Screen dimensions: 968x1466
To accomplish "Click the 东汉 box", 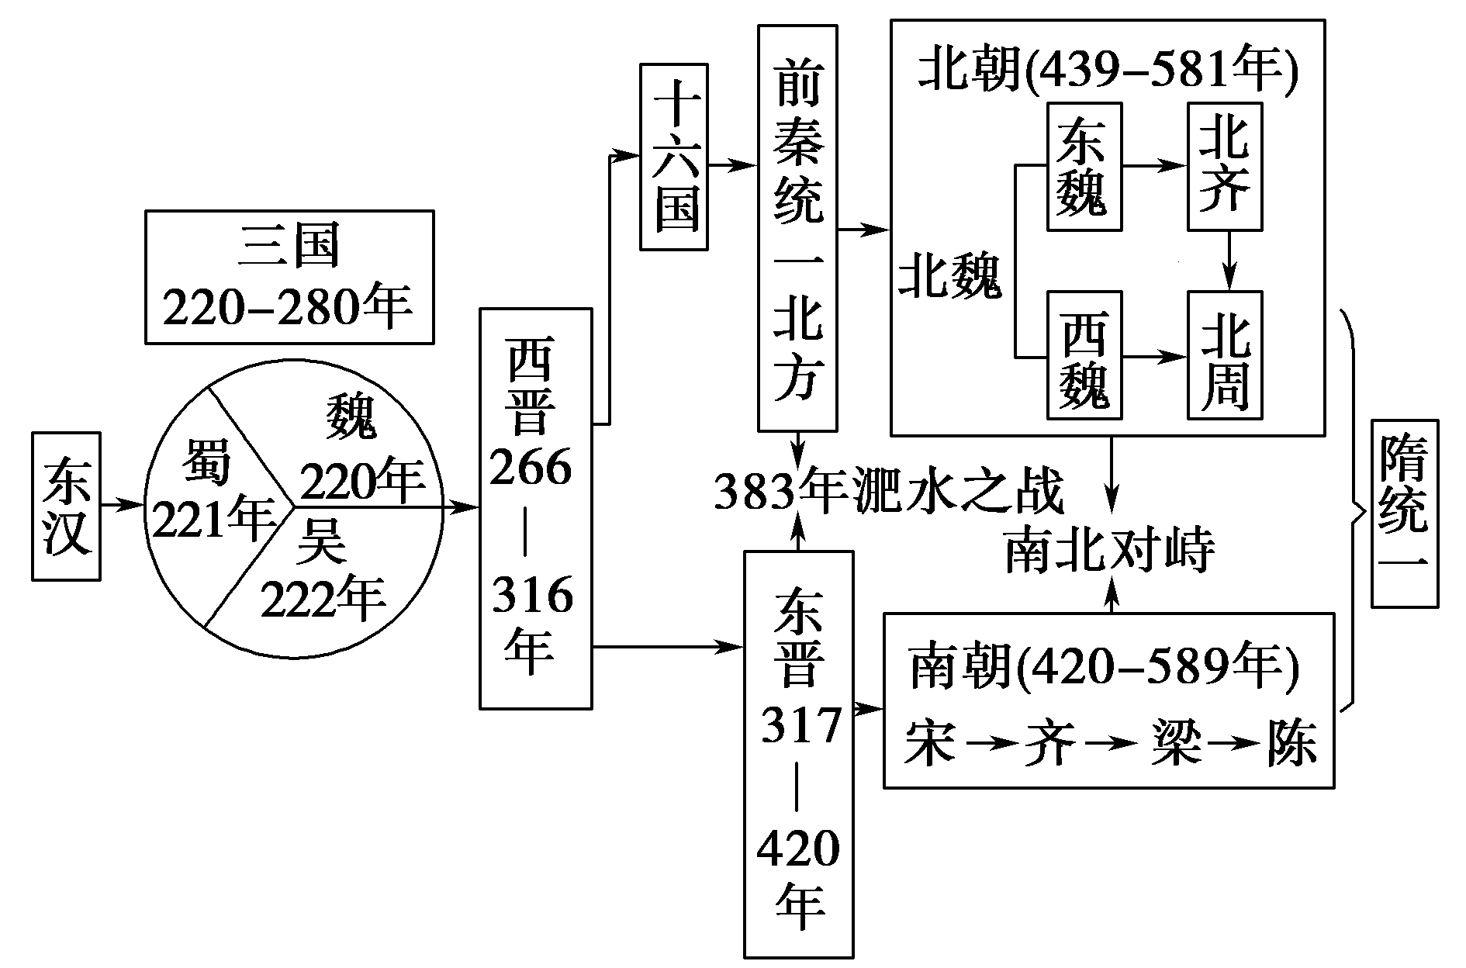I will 66,506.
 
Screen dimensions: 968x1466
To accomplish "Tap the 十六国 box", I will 673,157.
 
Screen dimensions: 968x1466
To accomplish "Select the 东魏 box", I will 1084,167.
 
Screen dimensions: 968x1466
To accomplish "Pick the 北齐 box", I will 1224,167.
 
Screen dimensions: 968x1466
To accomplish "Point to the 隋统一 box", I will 1404,513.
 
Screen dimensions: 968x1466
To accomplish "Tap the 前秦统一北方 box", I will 797,228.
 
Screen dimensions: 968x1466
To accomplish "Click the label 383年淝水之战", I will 888,492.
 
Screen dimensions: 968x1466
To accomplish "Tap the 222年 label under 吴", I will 323,597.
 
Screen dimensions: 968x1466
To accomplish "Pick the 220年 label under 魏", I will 362,480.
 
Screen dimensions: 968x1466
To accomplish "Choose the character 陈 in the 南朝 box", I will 1291,744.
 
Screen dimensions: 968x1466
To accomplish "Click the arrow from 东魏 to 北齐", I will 1155,165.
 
